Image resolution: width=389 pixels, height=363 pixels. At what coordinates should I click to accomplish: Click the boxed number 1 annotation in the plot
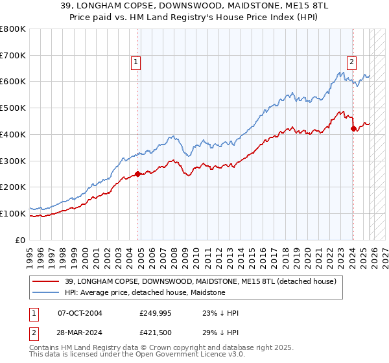(x=136, y=62)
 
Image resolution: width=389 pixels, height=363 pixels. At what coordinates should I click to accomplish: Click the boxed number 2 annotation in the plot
(x=351, y=62)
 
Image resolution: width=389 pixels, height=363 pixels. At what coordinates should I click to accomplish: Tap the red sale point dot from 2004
(x=138, y=174)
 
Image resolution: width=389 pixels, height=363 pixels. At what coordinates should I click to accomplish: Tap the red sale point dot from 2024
(x=353, y=128)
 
